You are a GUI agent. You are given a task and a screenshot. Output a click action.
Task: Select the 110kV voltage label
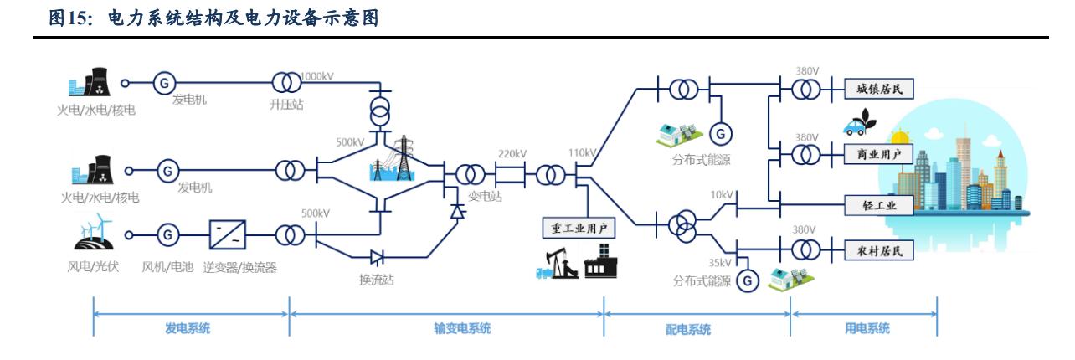click(579, 153)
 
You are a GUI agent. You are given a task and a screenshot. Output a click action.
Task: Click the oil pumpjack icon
click(553, 263)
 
